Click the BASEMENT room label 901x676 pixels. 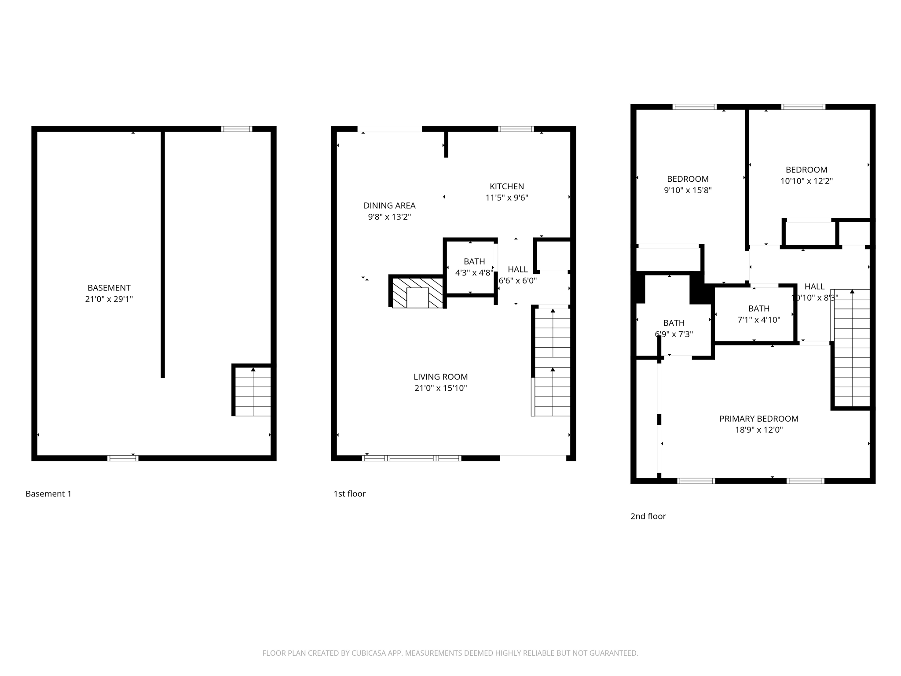click(109, 288)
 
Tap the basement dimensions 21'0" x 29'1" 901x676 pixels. click(109, 299)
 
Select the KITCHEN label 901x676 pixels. click(507, 187)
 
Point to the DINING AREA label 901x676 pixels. click(389, 206)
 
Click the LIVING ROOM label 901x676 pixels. click(440, 377)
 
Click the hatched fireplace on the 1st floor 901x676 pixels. click(417, 292)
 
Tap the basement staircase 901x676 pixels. click(253, 392)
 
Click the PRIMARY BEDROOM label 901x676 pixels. click(758, 419)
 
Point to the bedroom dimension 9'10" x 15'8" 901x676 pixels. click(688, 191)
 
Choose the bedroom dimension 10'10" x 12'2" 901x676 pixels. click(806, 181)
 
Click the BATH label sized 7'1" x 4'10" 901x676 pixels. click(758, 309)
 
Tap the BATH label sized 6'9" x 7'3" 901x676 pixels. click(674, 323)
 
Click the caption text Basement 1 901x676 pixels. click(48, 494)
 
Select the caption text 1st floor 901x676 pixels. click(349, 494)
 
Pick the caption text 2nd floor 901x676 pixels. click(648, 516)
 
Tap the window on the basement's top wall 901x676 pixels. click(237, 129)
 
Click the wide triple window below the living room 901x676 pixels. click(411, 458)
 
